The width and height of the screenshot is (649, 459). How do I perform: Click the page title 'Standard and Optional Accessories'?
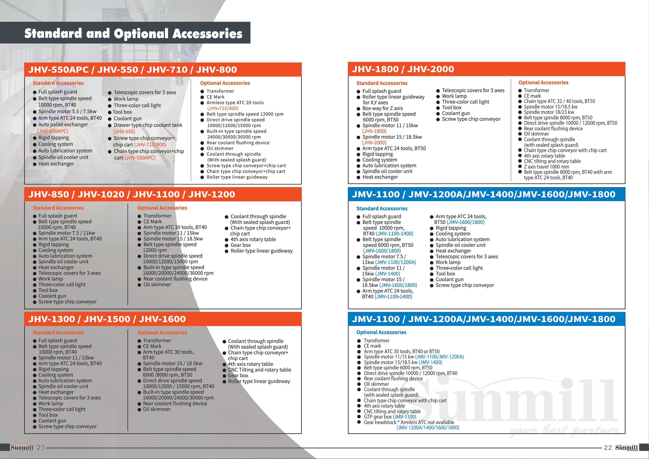[x=133, y=33]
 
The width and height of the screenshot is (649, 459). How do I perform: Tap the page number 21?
[x=41, y=447]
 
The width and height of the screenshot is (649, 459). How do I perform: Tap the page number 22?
[x=608, y=447]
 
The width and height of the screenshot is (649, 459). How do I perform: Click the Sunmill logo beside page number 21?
[x=22, y=447]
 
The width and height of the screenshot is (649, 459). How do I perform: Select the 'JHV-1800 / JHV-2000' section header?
[x=403, y=69]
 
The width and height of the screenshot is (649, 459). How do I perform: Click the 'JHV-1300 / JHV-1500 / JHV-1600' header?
[x=107, y=319]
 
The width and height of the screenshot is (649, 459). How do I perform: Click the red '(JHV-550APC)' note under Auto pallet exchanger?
[x=53, y=131]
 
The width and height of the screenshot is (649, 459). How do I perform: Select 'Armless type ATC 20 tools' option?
[x=235, y=102]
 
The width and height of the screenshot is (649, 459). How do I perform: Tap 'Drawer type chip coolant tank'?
[x=148, y=125]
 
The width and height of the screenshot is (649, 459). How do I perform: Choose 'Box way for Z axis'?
[x=383, y=108]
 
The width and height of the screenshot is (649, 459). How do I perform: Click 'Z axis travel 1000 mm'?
[x=546, y=167]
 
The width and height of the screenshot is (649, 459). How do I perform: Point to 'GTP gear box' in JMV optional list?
[x=378, y=416]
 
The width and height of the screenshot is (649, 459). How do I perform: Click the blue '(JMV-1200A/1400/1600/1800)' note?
[x=428, y=428]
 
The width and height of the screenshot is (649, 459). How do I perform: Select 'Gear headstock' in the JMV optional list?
[x=380, y=422]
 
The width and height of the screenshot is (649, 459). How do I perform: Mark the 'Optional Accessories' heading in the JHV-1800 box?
[x=543, y=82]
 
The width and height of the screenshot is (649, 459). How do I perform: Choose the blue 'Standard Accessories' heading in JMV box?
[x=382, y=208]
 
